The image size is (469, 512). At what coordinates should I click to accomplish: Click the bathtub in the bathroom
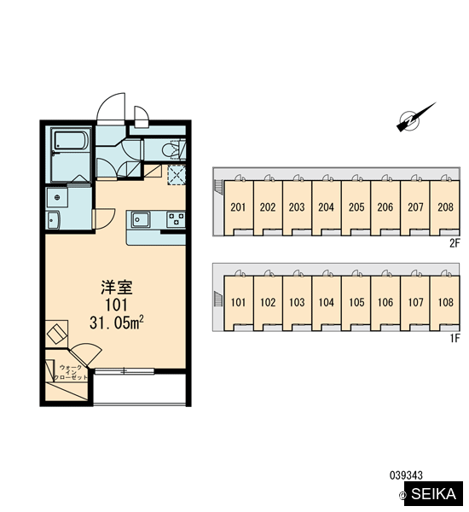(71, 140)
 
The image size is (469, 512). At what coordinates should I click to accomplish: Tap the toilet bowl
(170, 150)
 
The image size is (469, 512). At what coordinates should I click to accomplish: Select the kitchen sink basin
(141, 219)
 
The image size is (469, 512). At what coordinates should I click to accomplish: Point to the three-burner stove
(176, 219)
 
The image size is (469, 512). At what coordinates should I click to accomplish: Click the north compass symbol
(415, 117)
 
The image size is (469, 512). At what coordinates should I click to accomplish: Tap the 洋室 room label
(116, 288)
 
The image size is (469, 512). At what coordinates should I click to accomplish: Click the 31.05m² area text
(117, 323)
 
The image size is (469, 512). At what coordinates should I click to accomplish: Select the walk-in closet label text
(71, 373)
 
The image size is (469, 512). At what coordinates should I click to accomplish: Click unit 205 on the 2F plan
(356, 207)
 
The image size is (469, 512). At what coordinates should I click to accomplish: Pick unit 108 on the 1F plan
(445, 302)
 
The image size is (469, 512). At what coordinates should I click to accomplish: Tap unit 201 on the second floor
(238, 207)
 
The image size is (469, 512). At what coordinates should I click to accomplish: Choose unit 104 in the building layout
(327, 302)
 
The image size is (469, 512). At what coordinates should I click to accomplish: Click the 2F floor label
(455, 243)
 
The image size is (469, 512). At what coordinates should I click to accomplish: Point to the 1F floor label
(455, 338)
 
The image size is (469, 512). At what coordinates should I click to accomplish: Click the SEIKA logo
(433, 493)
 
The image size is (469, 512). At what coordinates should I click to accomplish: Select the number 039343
(406, 475)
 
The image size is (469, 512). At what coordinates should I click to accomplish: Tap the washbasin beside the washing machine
(53, 220)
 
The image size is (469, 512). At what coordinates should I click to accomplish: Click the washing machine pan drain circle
(57, 197)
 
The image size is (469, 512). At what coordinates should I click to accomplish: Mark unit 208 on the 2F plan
(445, 207)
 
